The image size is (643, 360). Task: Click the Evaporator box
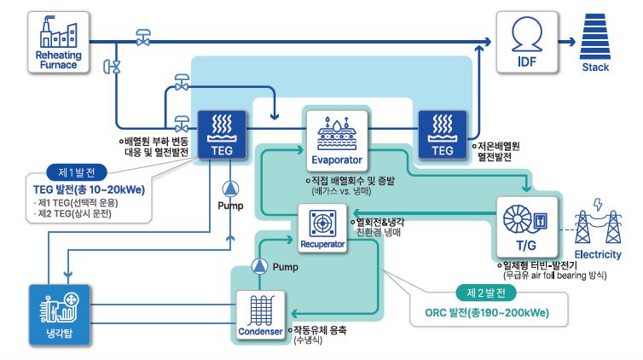pyautogui.click(x=335, y=139)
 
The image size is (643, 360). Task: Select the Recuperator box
pyautogui.click(x=322, y=229)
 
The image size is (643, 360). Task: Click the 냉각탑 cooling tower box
pyautogui.click(x=59, y=314)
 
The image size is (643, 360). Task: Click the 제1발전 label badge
pyautogui.click(x=75, y=169)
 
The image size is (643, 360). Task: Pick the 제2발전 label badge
pyautogui.click(x=486, y=292)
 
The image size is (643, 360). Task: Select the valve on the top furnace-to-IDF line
pyautogui.click(x=143, y=38)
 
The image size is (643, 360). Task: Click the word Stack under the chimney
pyautogui.click(x=594, y=67)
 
